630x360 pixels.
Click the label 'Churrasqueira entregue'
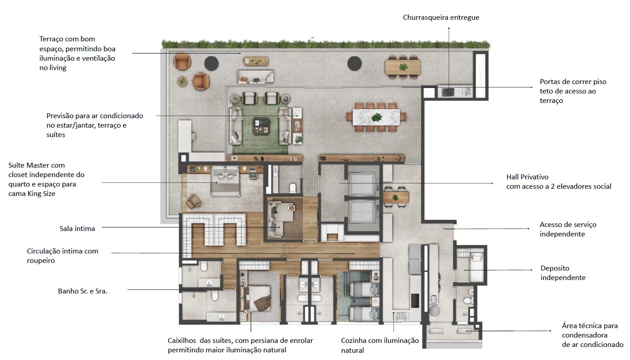pyautogui.click(x=441, y=18)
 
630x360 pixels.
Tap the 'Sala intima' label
pyautogui.click(x=77, y=228)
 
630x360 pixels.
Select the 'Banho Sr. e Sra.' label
pyautogui.click(x=83, y=291)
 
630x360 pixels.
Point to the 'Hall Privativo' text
pyautogui.click(x=528, y=177)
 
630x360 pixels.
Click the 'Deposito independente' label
pyautogui.click(x=563, y=273)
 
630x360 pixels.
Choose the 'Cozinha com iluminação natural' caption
pyautogui.click(x=380, y=345)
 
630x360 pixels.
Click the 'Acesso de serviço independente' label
pyautogui.click(x=568, y=229)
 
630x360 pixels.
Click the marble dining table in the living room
pyautogui.click(x=376, y=117)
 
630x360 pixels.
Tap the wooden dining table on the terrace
pyautogui.click(x=403, y=67)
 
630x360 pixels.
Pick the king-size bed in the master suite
pyautogui.click(x=225, y=181)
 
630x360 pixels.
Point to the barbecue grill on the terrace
pyautogui.click(x=448, y=92)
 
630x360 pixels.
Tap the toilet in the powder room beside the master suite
pyautogui.click(x=293, y=188)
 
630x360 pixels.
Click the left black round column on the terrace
pyautogui.click(x=211, y=63)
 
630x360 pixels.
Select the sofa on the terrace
pyautogui.click(x=255, y=77)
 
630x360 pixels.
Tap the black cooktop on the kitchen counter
pyautogui.click(x=415, y=301)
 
